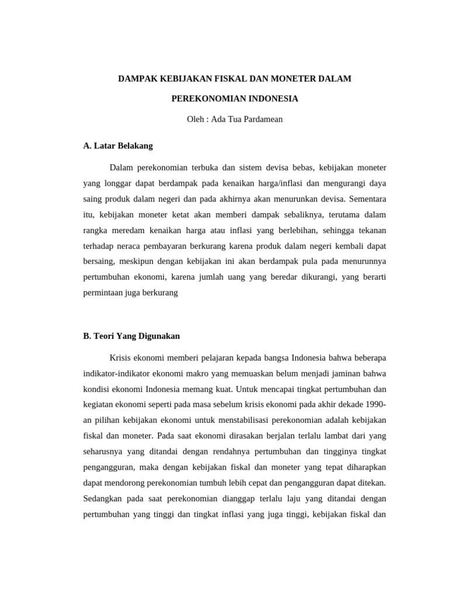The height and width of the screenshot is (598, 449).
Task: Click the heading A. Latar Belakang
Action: point(118,146)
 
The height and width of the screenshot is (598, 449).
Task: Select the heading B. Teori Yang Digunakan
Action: point(132,336)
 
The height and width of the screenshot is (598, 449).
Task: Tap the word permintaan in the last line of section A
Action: point(103,294)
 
